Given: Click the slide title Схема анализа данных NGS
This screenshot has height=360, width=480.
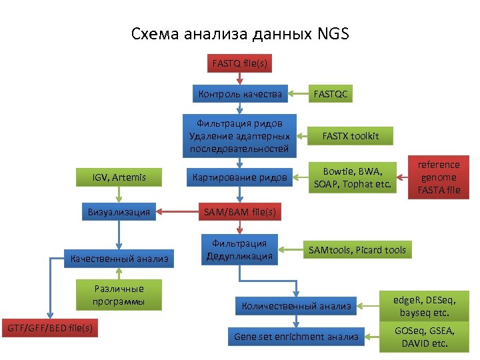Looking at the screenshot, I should (x=240, y=33).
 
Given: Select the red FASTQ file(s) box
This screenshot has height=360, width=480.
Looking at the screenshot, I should (x=240, y=65).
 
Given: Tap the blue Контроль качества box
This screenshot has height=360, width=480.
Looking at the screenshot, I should (x=240, y=94).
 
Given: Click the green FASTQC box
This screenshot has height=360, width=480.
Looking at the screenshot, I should (x=331, y=94).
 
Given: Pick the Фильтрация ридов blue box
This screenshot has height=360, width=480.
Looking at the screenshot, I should (x=239, y=136).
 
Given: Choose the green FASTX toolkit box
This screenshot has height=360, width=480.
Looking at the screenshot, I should (x=350, y=136).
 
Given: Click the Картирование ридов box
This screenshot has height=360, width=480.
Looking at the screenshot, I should (x=239, y=177).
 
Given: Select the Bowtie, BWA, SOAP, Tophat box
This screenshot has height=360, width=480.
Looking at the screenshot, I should (x=353, y=178).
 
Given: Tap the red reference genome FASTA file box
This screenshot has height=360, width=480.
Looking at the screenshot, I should (x=439, y=177).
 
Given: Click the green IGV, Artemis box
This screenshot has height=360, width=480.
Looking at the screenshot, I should (x=119, y=177).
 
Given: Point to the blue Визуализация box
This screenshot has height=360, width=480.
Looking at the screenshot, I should (x=119, y=213).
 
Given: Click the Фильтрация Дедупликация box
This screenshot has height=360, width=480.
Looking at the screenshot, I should (x=239, y=250).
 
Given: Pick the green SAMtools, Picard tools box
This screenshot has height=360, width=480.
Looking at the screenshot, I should (x=357, y=250).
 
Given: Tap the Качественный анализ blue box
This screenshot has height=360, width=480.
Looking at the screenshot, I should (x=119, y=259).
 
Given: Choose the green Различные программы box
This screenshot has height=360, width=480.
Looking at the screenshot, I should (x=119, y=296).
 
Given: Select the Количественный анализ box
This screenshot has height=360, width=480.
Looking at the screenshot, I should (x=296, y=307).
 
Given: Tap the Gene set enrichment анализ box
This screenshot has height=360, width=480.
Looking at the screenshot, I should (x=296, y=337).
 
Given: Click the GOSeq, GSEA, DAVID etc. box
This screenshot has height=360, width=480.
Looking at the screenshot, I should (x=424, y=337).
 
